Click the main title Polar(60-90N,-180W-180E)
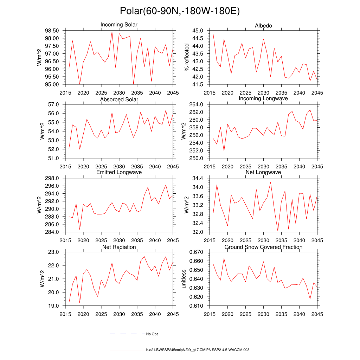coord(180,11)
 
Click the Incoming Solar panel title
coord(119,25)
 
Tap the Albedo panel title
coord(263,26)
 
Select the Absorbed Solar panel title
coord(119,99)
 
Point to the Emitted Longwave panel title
coord(119,172)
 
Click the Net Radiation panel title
coord(119,247)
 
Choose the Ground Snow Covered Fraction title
coord(263,247)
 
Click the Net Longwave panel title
coord(263,172)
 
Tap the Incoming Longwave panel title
coord(263,98)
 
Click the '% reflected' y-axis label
coord(187,57)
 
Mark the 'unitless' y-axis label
coord(184,279)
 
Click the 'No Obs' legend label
coord(152,334)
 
